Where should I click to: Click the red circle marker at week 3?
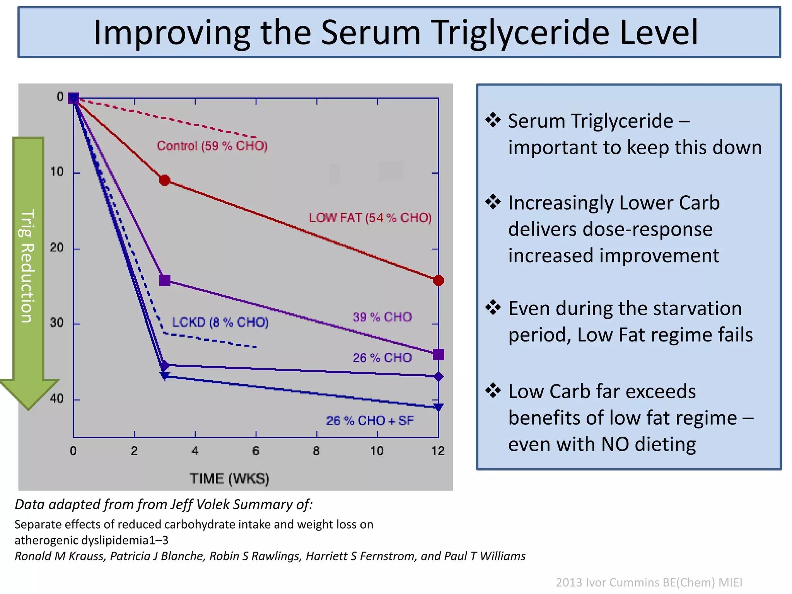(165, 180)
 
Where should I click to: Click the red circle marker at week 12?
(438, 280)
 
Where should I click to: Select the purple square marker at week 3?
(165, 280)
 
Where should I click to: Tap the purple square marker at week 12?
(438, 354)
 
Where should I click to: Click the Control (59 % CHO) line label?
(212, 146)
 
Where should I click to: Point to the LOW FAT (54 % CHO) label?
(370, 218)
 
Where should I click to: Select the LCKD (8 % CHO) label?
(220, 322)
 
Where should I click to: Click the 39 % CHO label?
(382, 317)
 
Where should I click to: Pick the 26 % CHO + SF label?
(370, 420)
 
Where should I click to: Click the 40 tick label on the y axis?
(56, 398)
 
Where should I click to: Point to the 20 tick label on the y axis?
(56, 247)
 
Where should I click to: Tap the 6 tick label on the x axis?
(256, 451)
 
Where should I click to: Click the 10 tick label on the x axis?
(377, 451)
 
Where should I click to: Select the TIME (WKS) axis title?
(229, 479)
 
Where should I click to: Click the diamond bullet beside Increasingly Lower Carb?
(493, 202)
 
